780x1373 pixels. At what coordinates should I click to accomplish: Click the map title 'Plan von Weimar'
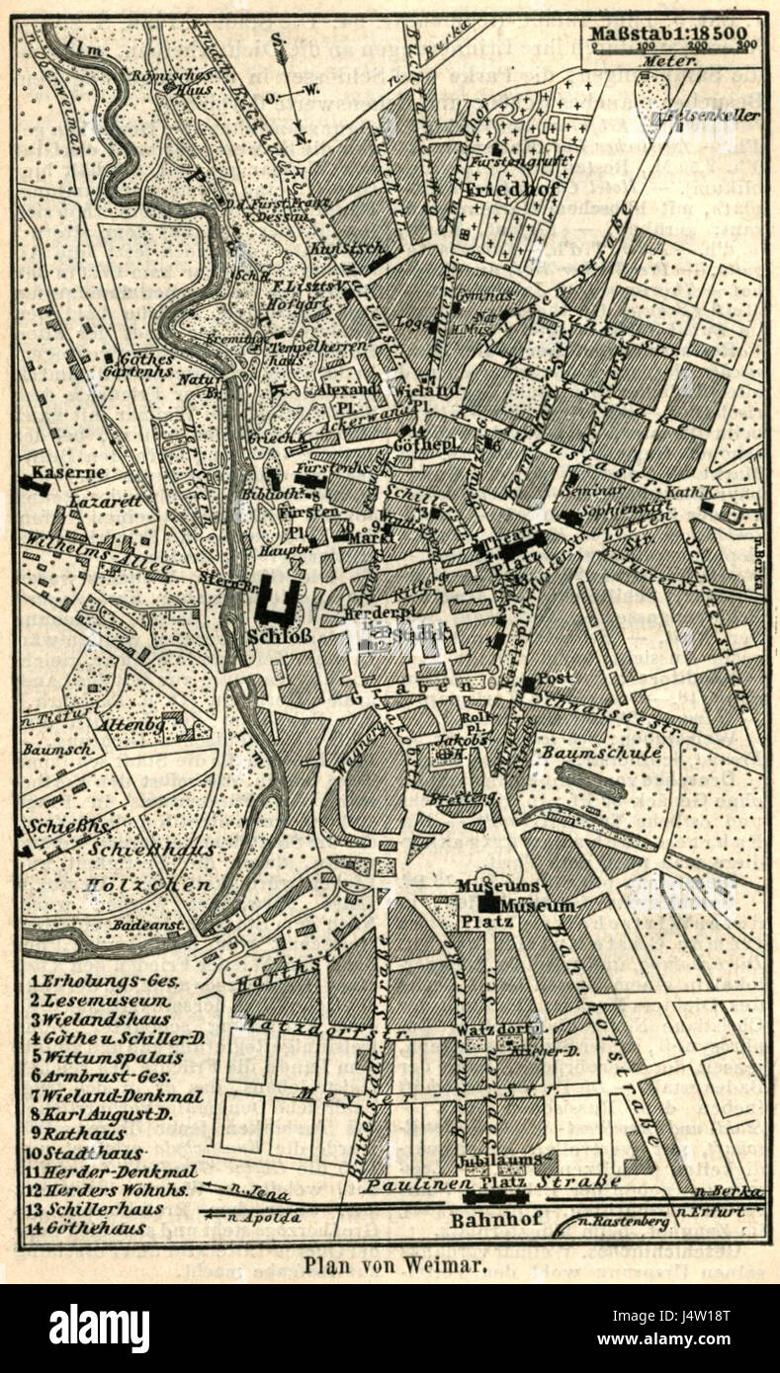[394, 1264]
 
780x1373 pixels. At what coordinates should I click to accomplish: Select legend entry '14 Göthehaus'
[87, 1229]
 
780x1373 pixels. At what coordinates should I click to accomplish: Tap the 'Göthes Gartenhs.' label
[147, 366]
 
